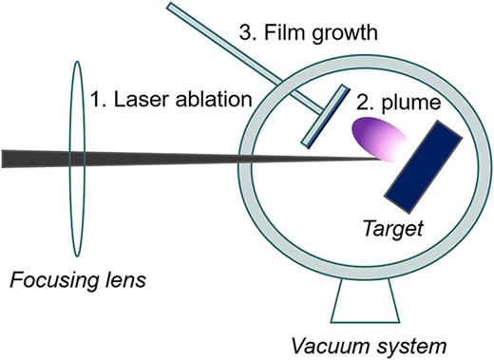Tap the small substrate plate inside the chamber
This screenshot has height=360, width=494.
point(323,116)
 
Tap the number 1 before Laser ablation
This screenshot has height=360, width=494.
point(96,98)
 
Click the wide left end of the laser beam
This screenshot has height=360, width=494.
point(8,158)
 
